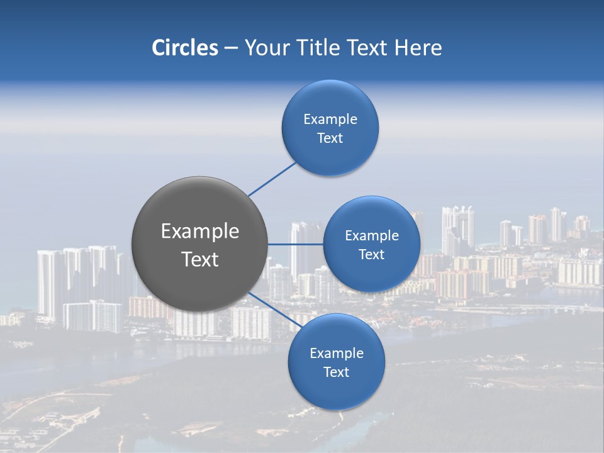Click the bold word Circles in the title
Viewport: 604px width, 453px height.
(184, 48)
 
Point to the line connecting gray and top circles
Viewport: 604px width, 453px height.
(272, 179)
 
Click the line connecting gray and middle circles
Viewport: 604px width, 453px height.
(295, 244)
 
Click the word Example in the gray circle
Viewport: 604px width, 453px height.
(200, 232)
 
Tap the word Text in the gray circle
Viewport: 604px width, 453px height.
(200, 259)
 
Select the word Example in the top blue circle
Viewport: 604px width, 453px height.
(330, 119)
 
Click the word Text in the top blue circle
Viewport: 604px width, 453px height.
(330, 138)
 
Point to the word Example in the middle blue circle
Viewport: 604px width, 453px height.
(372, 235)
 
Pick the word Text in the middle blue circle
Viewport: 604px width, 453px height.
(372, 254)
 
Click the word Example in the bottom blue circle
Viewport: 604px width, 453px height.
(337, 353)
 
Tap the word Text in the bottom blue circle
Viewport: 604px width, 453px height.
(337, 372)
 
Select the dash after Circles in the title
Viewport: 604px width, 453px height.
(231, 48)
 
